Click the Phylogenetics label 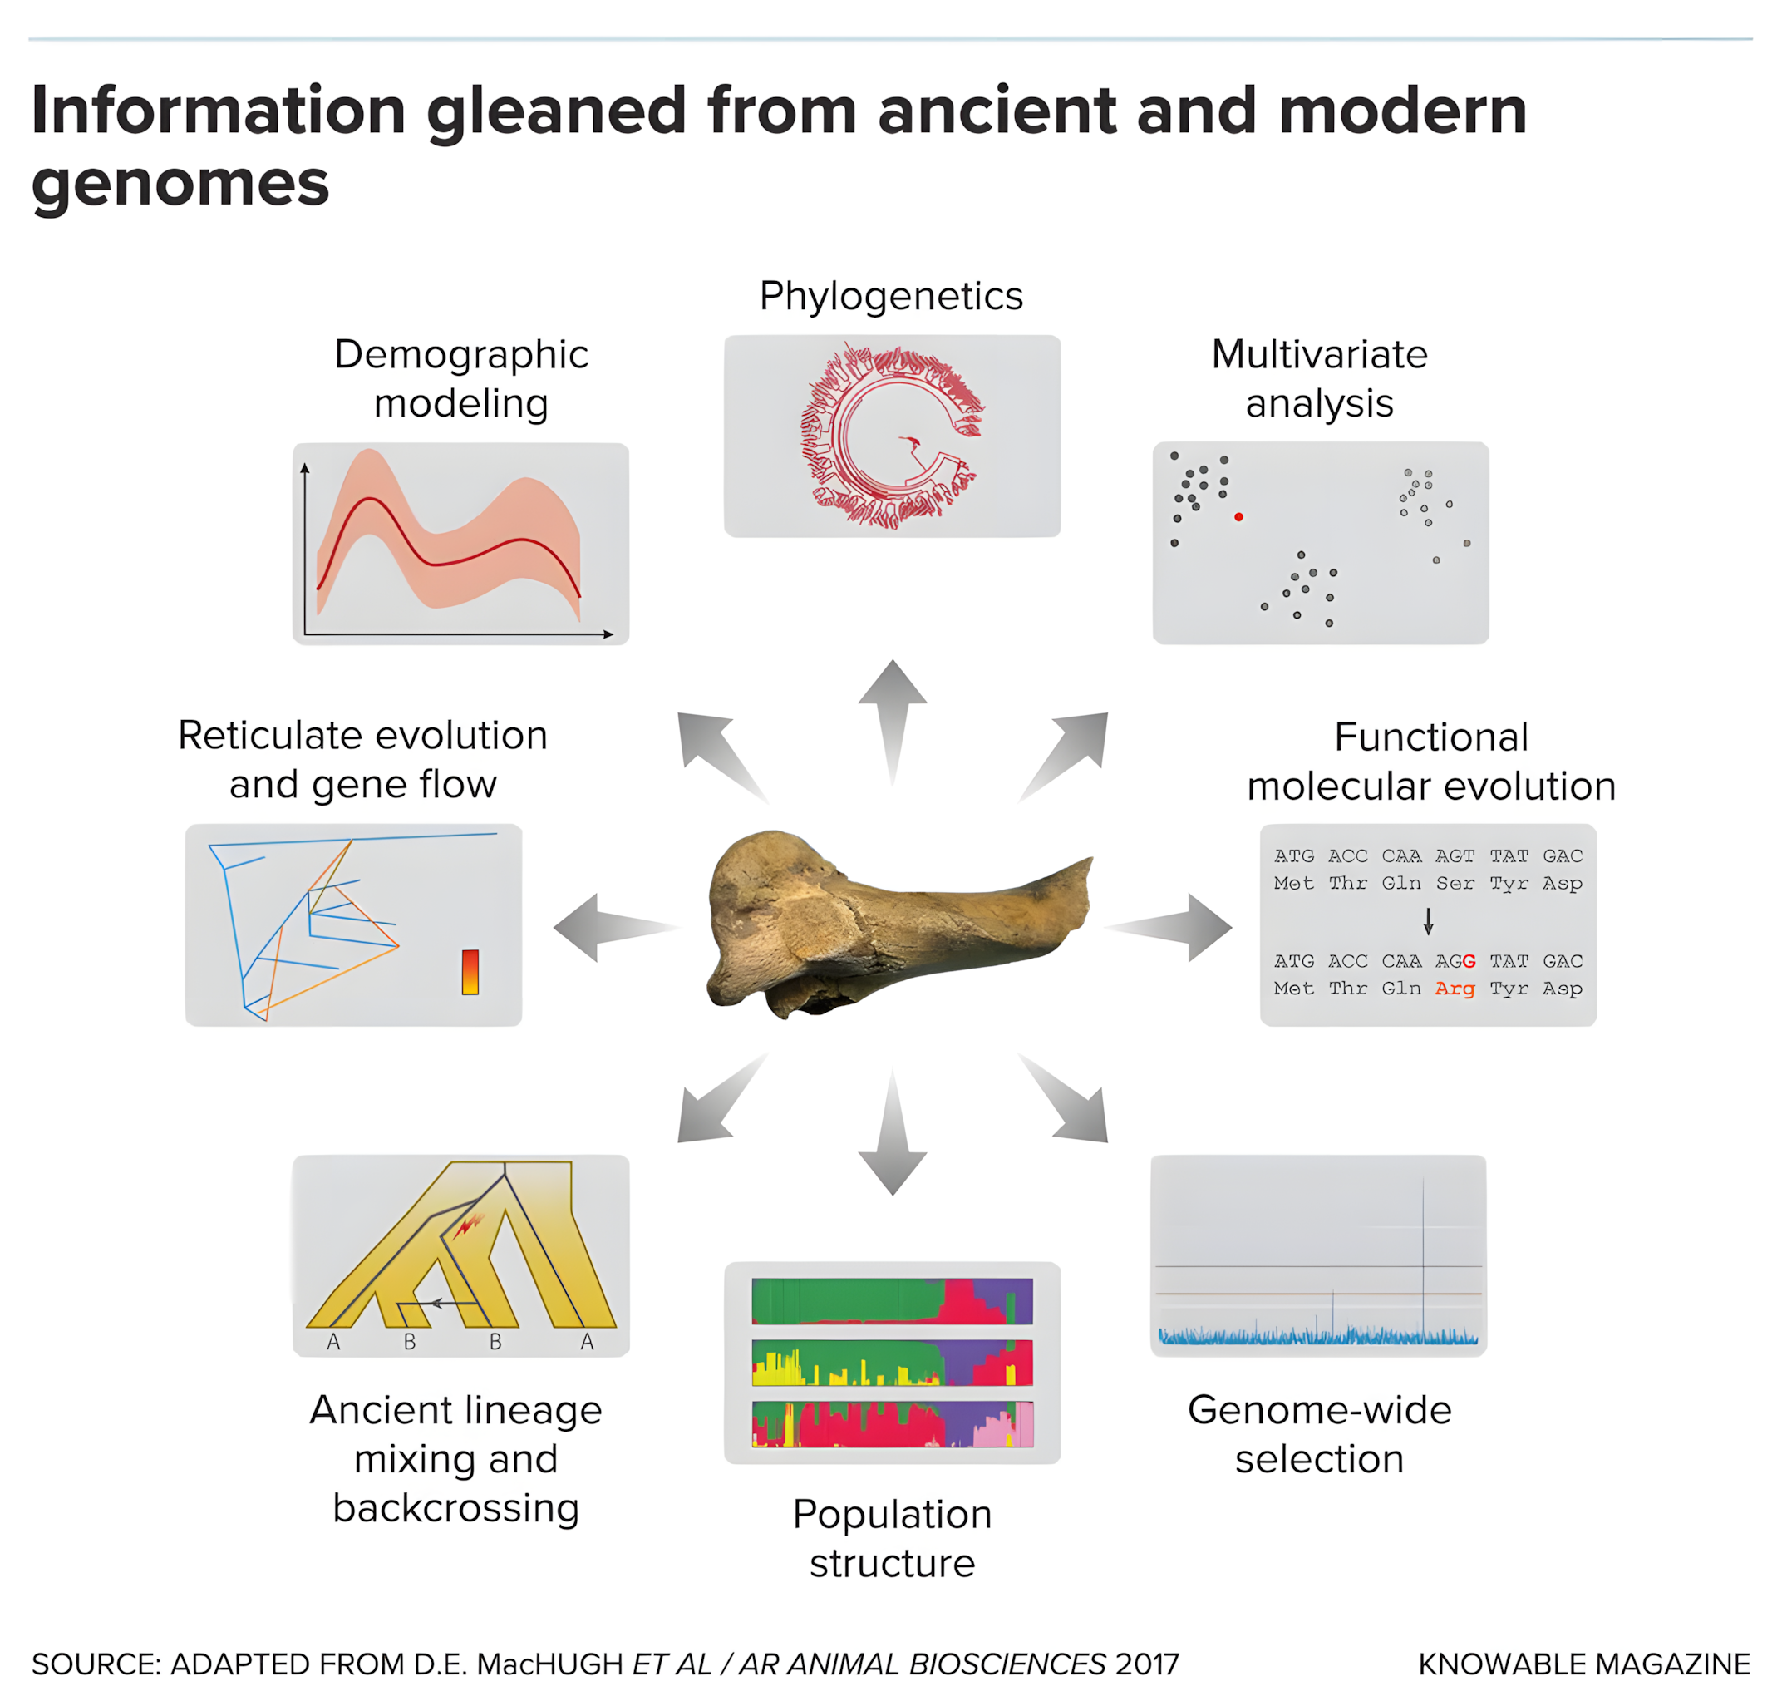pyautogui.click(x=891, y=297)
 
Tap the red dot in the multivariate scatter pyautogui.click(x=1238, y=516)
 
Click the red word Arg pyautogui.click(x=1455, y=989)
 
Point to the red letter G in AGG pyautogui.click(x=1469, y=961)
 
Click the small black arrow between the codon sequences pyautogui.click(x=1428, y=921)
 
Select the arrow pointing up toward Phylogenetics pyautogui.click(x=892, y=718)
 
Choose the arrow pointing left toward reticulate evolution pyautogui.click(x=609, y=927)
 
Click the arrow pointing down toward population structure pyautogui.click(x=892, y=1137)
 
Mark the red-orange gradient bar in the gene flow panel pyautogui.click(x=470, y=972)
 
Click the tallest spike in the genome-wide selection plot pyautogui.click(x=1423, y=1255)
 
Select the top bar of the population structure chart pyautogui.click(x=892, y=1301)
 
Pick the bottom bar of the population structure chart pyautogui.click(x=892, y=1424)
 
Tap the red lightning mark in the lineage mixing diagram pyautogui.click(x=467, y=1225)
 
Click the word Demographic pyautogui.click(x=461, y=355)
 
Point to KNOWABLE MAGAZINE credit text pyautogui.click(x=1584, y=1664)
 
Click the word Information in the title pyautogui.click(x=219, y=111)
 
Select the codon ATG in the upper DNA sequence pyautogui.click(x=1294, y=855)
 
